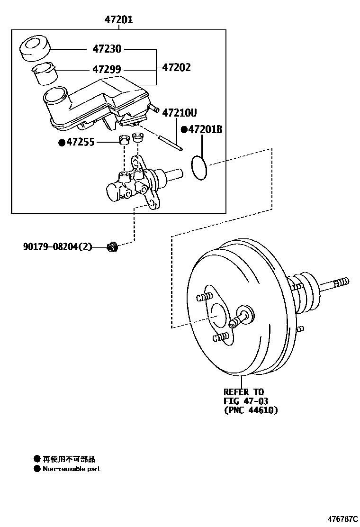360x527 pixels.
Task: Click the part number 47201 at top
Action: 118,20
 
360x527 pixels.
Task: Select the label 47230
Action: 107,49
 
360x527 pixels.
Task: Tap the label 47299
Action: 107,69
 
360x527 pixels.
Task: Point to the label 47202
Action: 176,67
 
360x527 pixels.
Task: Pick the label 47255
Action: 80,142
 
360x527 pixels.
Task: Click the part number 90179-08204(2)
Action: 57,246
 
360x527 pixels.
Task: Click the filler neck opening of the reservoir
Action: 55,96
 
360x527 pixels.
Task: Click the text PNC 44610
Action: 251,410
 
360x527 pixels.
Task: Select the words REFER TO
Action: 243,392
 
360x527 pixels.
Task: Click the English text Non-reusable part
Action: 71,469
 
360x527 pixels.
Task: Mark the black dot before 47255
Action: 61,142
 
